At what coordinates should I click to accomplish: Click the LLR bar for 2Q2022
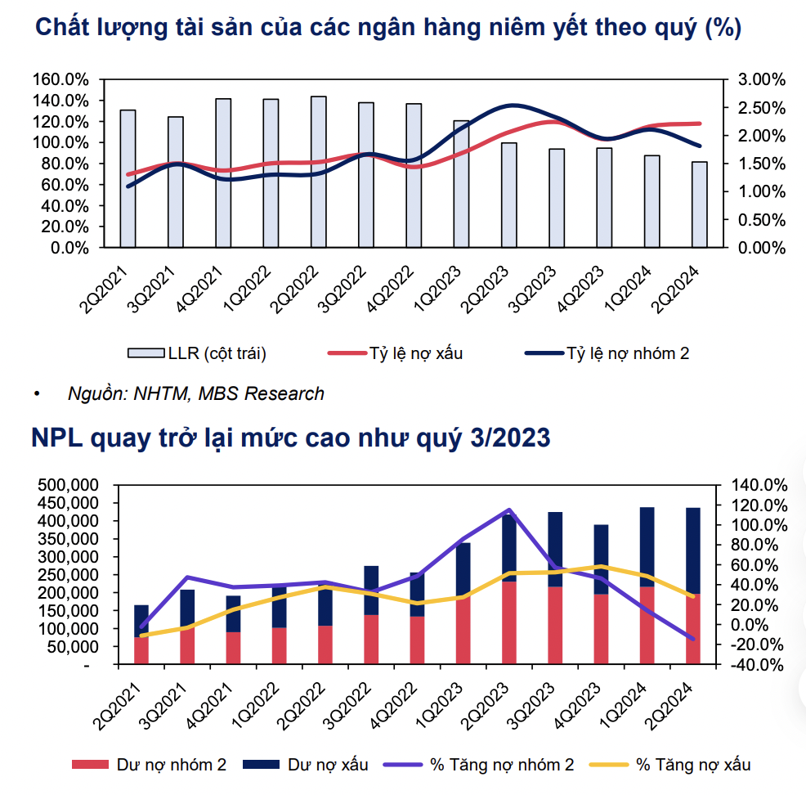[319, 172]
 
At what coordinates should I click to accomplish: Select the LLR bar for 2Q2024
[700, 204]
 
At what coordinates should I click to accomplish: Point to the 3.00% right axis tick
[762, 80]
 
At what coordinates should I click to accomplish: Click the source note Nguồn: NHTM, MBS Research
[196, 393]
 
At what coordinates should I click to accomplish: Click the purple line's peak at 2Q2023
[509, 510]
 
